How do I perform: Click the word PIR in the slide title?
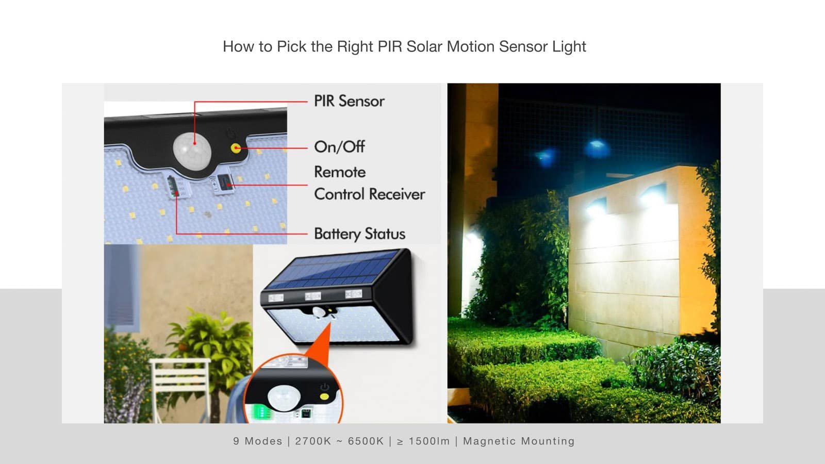[390, 47]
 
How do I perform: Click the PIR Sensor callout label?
[349, 101]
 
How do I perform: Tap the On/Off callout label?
[339, 147]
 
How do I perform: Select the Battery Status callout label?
[359, 234]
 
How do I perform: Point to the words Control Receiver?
[369, 194]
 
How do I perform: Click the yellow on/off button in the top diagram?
[236, 148]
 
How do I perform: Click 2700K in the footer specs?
[313, 441]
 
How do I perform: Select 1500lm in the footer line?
[429, 441]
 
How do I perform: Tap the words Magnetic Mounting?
[519, 441]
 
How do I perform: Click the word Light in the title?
[569, 47]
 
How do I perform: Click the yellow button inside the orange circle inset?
[324, 397]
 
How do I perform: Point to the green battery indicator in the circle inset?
[261, 412]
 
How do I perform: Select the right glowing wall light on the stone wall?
[652, 198]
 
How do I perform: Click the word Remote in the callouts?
[340, 172]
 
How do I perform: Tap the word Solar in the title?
[424, 47]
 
